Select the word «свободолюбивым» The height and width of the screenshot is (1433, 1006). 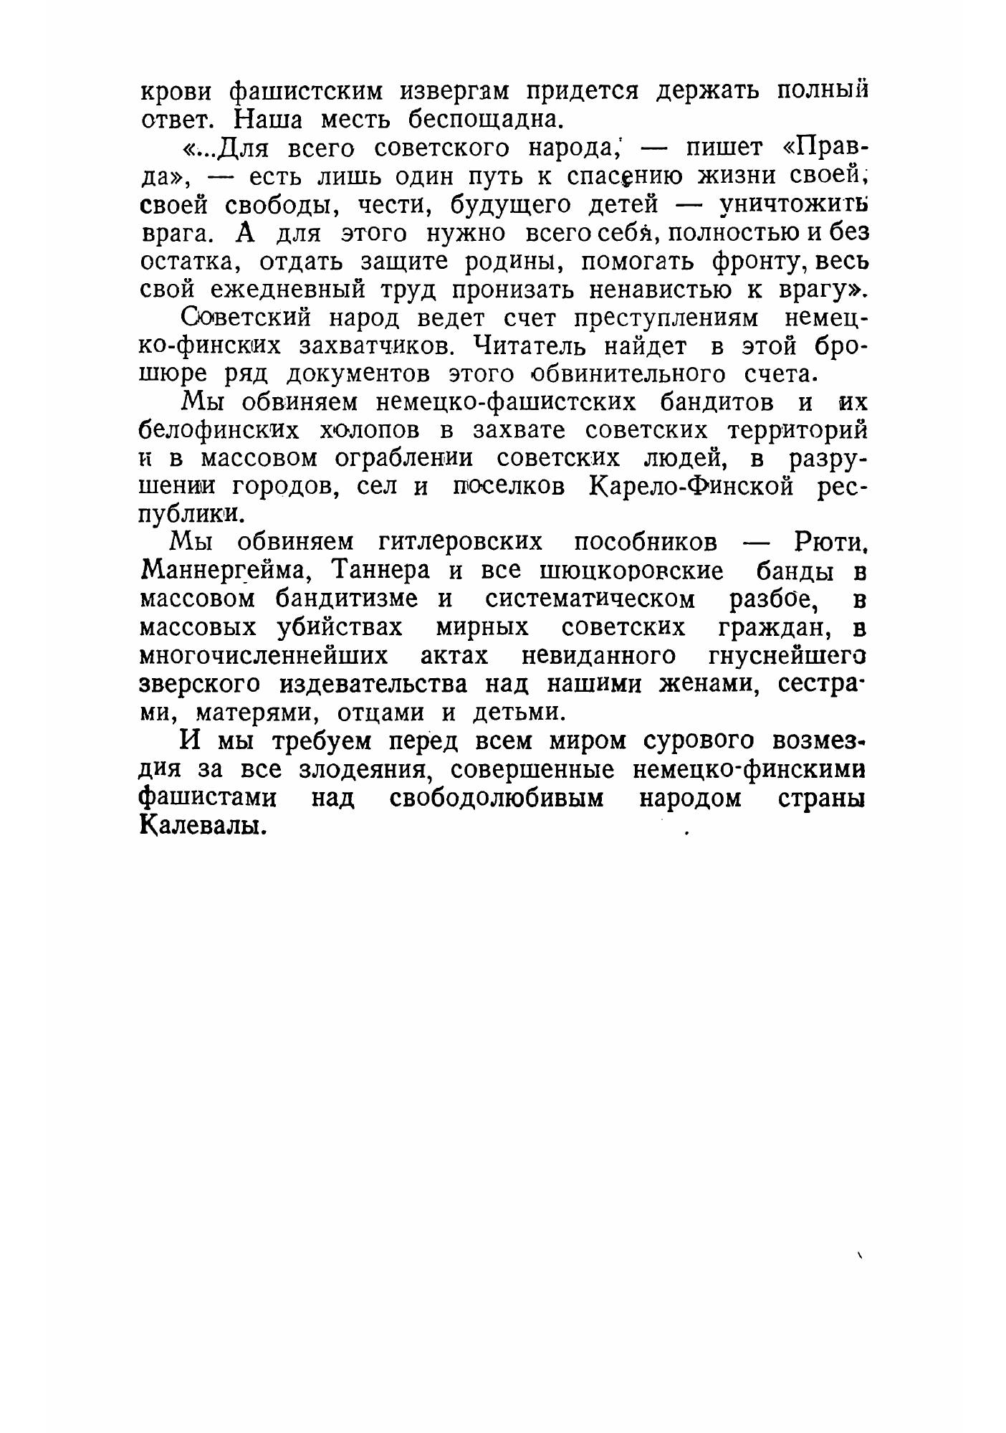coord(497,798)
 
